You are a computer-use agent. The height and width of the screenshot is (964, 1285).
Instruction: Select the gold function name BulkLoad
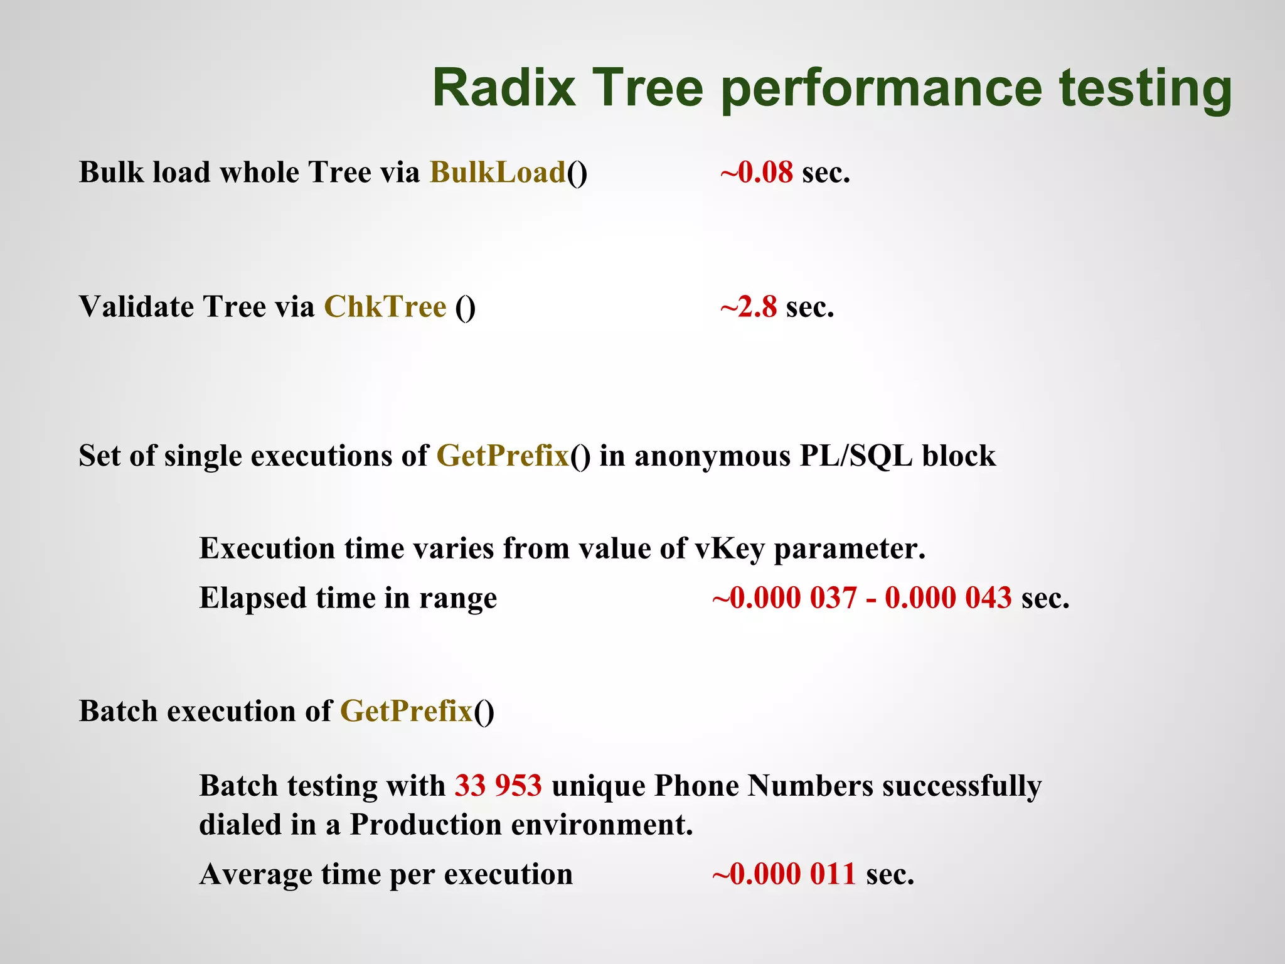point(498,173)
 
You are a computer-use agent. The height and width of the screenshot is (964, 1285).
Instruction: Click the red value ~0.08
point(757,173)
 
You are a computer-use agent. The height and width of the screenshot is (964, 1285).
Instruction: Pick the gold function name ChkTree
point(385,307)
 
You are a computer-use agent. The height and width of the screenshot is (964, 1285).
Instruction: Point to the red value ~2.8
point(749,307)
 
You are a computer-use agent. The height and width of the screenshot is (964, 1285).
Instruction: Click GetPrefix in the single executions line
point(503,456)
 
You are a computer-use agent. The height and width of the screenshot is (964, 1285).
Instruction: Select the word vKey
point(730,549)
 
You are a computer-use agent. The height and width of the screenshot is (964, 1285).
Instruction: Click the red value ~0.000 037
point(784,597)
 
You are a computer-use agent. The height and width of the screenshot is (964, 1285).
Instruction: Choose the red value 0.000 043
point(948,597)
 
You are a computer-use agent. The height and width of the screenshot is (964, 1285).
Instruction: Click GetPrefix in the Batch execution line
point(406,711)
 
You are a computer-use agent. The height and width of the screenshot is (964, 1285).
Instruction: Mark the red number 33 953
point(498,786)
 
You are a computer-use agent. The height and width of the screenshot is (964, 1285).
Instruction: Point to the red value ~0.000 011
point(784,874)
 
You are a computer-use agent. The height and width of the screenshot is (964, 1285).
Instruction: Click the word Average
point(255,874)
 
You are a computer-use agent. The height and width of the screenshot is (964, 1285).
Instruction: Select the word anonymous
point(712,456)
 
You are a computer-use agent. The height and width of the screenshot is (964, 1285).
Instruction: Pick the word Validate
point(137,307)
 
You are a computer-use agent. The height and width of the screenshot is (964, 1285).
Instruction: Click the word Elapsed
point(253,597)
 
